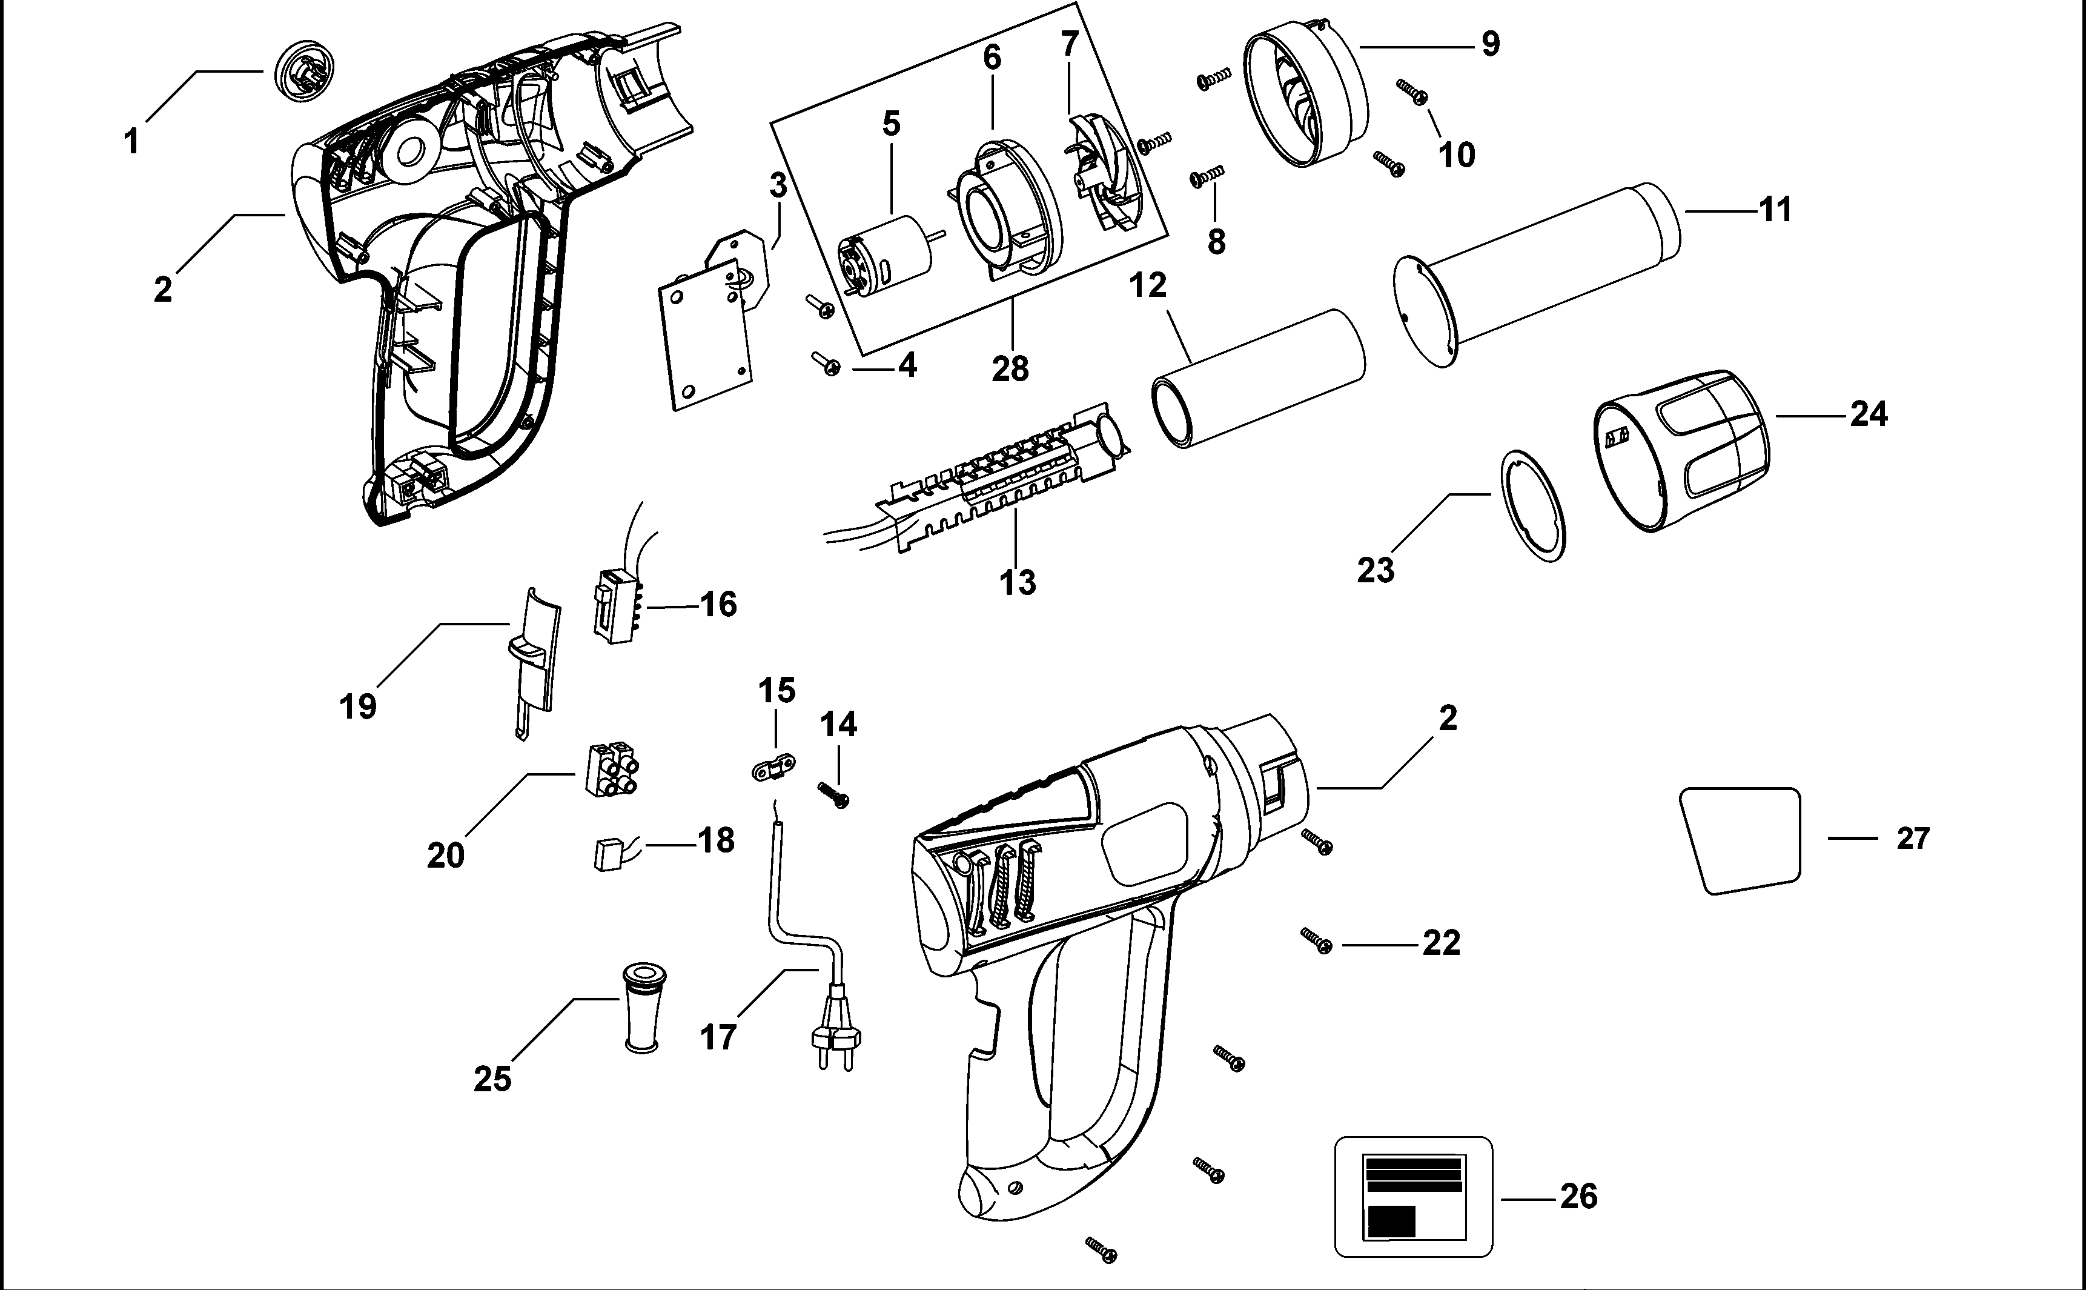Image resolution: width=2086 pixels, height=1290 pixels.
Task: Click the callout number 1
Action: (x=131, y=141)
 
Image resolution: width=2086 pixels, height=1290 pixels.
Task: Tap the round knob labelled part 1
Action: (x=305, y=71)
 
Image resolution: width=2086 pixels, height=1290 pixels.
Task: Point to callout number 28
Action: (x=1010, y=368)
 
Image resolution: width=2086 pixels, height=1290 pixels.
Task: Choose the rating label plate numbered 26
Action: (x=1413, y=1196)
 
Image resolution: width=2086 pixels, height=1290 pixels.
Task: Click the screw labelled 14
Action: (x=835, y=795)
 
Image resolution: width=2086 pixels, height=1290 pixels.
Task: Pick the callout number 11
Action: (x=1775, y=209)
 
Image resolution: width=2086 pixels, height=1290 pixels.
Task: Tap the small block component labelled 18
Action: (x=606, y=854)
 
